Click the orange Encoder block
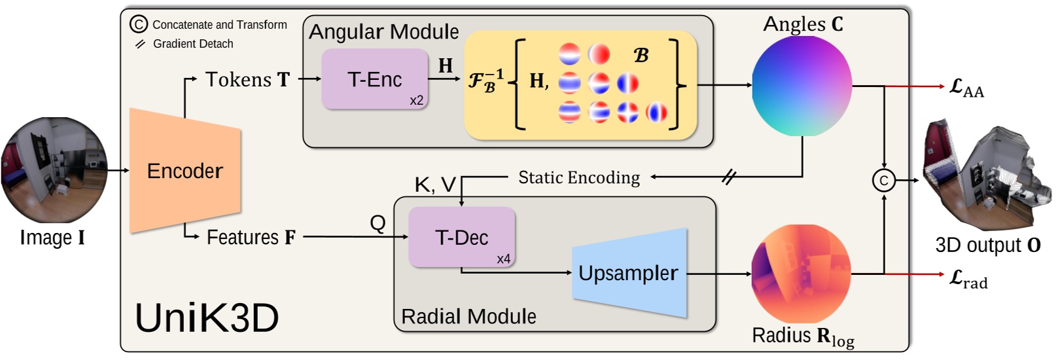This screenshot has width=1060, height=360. [185, 171]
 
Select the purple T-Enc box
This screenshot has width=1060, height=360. [375, 79]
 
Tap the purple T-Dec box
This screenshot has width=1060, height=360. [462, 237]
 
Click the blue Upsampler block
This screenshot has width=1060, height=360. [629, 273]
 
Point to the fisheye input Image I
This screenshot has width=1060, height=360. [54, 171]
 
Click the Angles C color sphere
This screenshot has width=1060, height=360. [802, 86]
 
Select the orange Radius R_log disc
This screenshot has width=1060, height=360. [802, 274]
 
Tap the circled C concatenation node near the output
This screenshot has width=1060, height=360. [884, 181]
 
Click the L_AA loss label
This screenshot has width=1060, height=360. [966, 88]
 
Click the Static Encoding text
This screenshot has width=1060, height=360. [579, 177]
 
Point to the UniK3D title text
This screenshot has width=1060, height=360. [207, 318]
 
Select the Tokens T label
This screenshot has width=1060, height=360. [247, 79]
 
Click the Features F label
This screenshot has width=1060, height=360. [251, 237]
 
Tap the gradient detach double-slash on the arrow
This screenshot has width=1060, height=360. [729, 176]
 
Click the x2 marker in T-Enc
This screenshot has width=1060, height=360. [417, 100]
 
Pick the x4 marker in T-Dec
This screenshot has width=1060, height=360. [503, 259]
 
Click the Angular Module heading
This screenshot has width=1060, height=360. [384, 31]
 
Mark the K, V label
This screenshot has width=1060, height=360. [435, 185]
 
